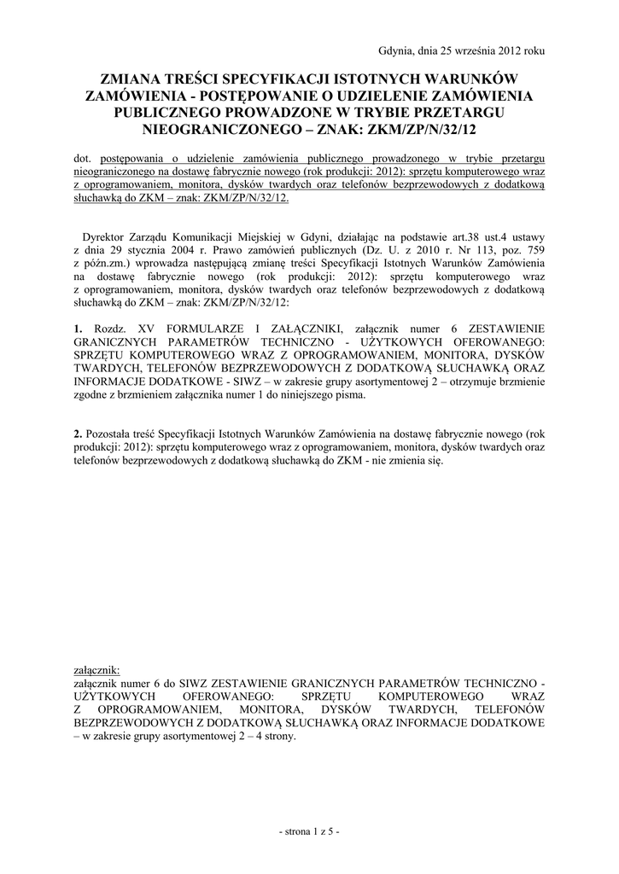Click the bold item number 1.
tap(78, 329)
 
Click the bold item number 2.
tap(78, 434)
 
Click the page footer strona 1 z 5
tap(310, 831)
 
